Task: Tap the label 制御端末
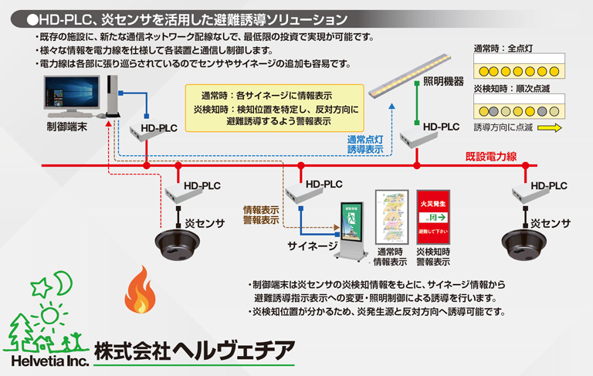click(x=67, y=125)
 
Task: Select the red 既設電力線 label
click(x=490, y=156)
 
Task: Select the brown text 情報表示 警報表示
click(x=261, y=215)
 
